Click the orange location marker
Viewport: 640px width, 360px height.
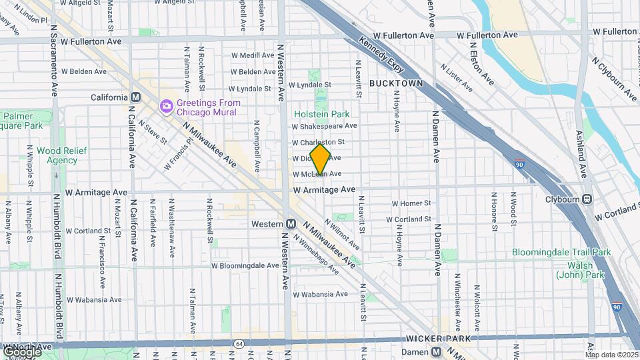click(x=321, y=159)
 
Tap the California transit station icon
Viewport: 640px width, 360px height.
click(x=136, y=97)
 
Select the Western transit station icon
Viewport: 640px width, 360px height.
click(x=291, y=224)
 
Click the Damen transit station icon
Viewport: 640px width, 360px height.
click(x=436, y=351)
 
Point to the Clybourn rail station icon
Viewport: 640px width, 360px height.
click(x=587, y=199)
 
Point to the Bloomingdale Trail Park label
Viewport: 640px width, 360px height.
click(x=561, y=252)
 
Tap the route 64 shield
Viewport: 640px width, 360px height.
click(x=239, y=344)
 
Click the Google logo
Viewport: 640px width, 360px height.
click(x=21, y=351)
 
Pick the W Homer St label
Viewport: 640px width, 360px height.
click(x=411, y=203)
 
